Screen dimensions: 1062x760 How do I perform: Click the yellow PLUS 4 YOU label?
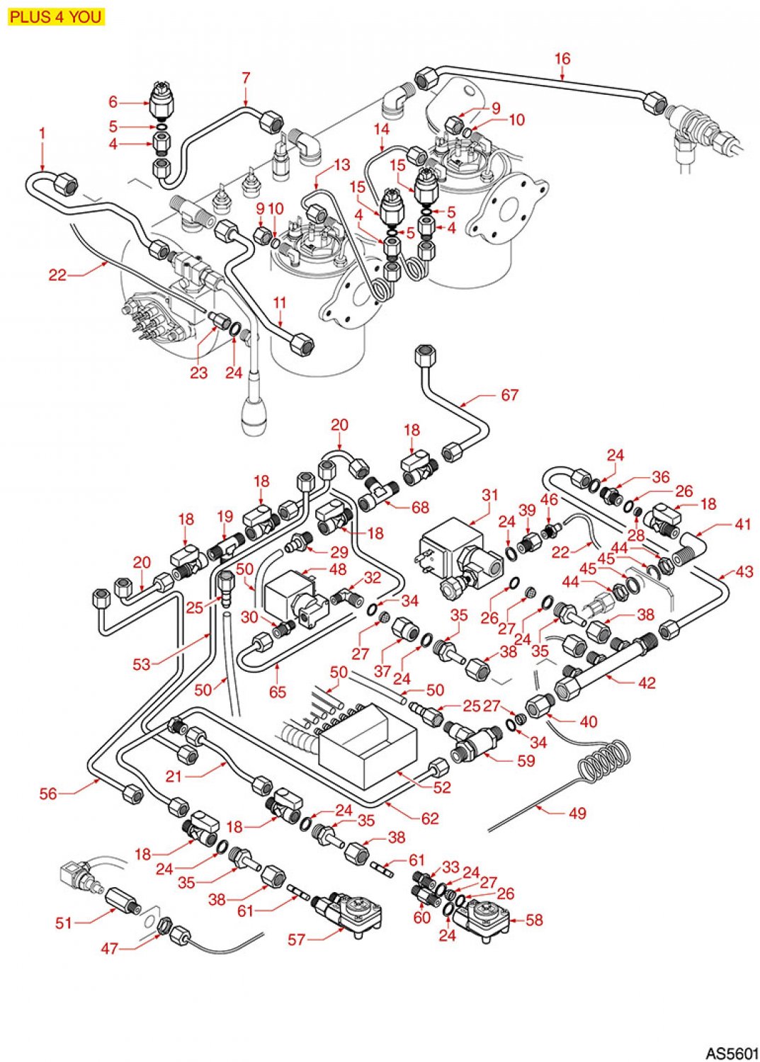coord(56,16)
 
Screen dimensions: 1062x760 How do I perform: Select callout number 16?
coord(562,59)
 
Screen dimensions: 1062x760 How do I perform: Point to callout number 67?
coord(510,395)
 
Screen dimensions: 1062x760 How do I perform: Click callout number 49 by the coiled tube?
coord(577,813)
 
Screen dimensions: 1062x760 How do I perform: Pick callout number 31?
coord(490,495)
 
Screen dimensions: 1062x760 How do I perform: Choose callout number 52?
coord(442,787)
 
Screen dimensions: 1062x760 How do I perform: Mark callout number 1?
coord(42,133)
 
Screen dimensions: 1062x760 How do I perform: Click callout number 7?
coord(246,78)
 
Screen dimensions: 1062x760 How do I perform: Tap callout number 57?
coord(296,940)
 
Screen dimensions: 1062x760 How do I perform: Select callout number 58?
coord(534,920)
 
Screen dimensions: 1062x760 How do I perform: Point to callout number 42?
coord(647,683)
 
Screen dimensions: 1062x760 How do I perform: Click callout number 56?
coord(47,794)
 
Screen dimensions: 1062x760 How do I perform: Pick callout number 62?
coord(430,818)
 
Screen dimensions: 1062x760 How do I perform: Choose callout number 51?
coord(64,923)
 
